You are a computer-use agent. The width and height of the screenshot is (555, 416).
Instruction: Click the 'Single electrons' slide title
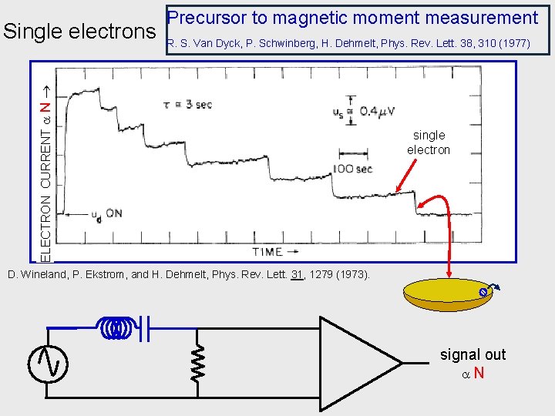tap(79, 32)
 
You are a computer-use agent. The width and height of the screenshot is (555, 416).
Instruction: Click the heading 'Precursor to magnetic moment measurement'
tap(352, 18)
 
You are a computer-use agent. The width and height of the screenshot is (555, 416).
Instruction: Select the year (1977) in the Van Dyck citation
tap(514, 44)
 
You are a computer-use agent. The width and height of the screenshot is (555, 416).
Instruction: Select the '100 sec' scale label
tap(354, 169)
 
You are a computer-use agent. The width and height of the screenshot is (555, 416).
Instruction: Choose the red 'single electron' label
tap(429, 143)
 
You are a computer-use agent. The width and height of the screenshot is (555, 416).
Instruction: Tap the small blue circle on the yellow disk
tap(483, 292)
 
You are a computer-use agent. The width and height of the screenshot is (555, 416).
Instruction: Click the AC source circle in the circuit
tap(48, 363)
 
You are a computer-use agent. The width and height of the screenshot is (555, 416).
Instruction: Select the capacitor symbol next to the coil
tap(145, 328)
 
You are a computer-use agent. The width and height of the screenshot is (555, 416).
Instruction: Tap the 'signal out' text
tap(473, 354)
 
